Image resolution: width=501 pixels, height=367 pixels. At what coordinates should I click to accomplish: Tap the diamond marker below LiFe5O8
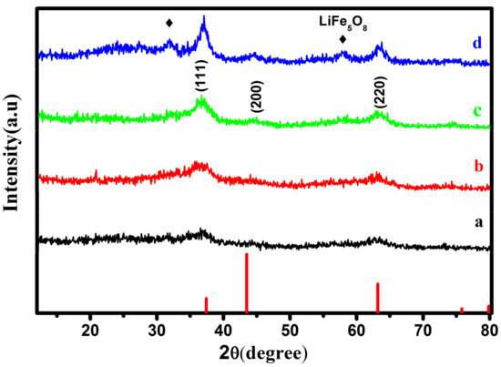(x=343, y=39)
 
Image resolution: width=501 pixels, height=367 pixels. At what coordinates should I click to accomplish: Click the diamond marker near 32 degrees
(x=169, y=23)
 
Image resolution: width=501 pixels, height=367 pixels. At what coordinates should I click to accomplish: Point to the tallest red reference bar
(x=246, y=283)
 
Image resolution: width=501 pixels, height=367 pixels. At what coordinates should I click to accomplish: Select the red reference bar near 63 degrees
(x=378, y=298)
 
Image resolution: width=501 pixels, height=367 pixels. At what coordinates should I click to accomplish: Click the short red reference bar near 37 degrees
(x=206, y=305)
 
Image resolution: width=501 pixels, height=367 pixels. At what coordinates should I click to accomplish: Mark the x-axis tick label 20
(x=90, y=327)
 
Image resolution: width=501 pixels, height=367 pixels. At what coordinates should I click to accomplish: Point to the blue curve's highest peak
(x=204, y=18)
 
